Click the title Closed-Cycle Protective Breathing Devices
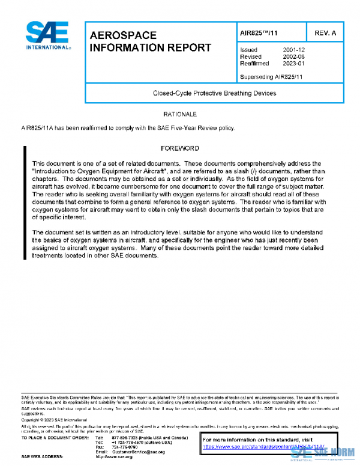click(x=215, y=93)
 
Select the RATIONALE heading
click(x=180, y=113)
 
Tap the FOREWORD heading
click(x=180, y=148)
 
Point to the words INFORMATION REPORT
click(x=150, y=48)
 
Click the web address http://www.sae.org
click(x=114, y=457)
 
